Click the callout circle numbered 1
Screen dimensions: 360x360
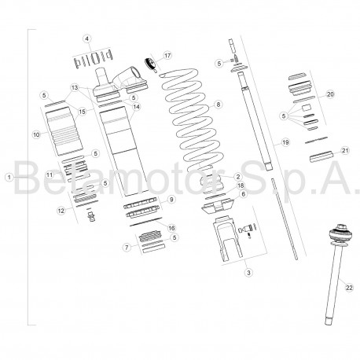(9, 178)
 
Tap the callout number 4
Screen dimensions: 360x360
(87, 39)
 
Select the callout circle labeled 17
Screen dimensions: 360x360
(167, 56)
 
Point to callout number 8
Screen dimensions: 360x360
(218, 105)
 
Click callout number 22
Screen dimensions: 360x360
(349, 288)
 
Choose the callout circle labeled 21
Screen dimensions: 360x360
(346, 150)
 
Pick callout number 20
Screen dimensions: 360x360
(331, 94)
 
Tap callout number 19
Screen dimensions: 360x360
(285, 142)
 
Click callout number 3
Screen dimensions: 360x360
(248, 273)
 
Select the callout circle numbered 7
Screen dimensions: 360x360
(127, 247)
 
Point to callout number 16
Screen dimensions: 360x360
(171, 228)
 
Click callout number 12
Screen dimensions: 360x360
(61, 211)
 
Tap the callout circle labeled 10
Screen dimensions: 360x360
(36, 134)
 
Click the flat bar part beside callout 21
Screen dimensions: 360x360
(321, 156)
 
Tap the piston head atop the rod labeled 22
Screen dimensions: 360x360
(340, 234)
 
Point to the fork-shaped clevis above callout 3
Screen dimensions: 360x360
(228, 239)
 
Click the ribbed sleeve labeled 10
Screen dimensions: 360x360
(64, 131)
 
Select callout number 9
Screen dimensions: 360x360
(171, 200)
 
